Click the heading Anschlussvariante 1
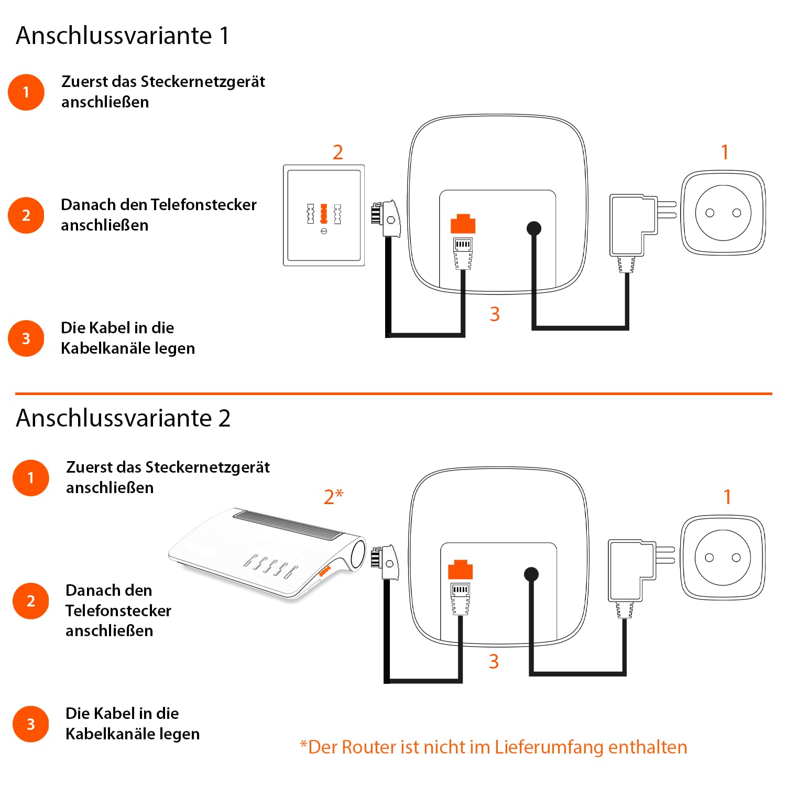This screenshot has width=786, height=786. coord(123,36)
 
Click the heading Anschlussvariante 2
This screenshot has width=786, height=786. coord(123,418)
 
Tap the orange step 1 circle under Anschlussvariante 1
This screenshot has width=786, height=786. coord(26,92)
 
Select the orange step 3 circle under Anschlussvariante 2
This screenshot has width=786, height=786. coord(30,724)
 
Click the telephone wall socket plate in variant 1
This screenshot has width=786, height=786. coord(324,215)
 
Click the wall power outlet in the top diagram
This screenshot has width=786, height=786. coord(723,213)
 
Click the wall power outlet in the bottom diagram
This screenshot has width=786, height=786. coord(723,558)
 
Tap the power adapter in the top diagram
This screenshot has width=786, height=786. coord(633,225)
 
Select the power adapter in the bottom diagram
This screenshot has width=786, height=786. coord(631,571)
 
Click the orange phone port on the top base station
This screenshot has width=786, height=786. coord(463,224)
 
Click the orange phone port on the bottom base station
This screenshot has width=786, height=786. coord(460,570)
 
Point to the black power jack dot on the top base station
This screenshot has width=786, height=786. coord(533,228)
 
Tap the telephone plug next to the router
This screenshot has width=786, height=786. coord(385,563)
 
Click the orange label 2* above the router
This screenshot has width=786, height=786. coord(333,496)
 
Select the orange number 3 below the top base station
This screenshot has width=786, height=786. coord(495,314)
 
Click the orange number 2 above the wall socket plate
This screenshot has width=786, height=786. coord(338,152)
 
